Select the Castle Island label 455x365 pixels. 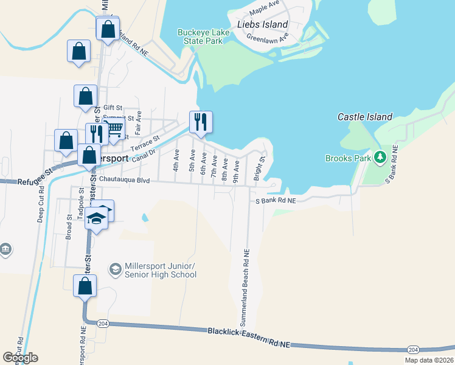[x=365, y=117]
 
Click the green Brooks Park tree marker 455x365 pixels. [x=380, y=158]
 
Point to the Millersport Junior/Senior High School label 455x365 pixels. [x=160, y=271]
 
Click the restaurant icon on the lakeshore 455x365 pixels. [x=201, y=122]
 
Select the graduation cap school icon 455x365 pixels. [x=96, y=217]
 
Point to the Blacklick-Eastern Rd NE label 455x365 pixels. [x=249, y=339]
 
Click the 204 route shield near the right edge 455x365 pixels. [x=413, y=349]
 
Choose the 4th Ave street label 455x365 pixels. [x=176, y=160]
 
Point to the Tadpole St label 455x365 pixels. [x=80, y=204]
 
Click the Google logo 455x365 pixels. [x=21, y=358]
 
